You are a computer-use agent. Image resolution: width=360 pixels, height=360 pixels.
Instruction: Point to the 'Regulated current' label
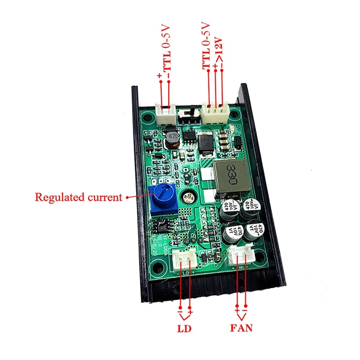(x=78, y=197)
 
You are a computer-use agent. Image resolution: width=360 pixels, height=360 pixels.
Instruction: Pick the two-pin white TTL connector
(x=165, y=114)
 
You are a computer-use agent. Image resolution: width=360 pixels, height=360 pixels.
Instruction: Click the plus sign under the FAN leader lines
(x=237, y=311)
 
